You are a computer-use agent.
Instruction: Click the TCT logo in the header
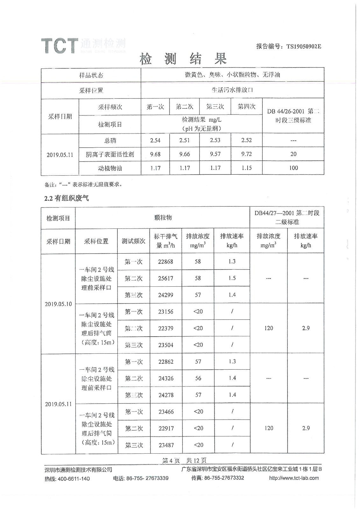coord(60,45)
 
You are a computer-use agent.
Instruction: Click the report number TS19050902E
coord(304,46)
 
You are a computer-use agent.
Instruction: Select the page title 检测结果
coord(183,59)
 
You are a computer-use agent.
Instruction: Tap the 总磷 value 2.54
coord(155,140)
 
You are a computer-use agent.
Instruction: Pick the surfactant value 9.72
coord(246,154)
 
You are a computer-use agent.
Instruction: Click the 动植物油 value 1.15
coord(246,168)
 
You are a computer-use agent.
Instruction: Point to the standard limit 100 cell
coord(293,168)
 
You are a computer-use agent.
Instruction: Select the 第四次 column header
coord(246,107)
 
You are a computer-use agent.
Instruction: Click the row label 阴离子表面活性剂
coord(110,154)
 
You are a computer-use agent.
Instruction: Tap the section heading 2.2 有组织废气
coord(67,198)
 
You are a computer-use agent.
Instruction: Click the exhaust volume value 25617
coord(166,278)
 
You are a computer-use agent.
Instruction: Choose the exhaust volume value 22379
coord(166,328)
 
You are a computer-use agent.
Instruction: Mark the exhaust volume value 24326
coord(166,378)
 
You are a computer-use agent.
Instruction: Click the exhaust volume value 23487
coord(166,445)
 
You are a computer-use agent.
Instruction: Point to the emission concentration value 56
coord(198,378)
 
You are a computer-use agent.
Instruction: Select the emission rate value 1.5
coord(232,278)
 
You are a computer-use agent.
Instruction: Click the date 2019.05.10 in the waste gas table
coord(58,304)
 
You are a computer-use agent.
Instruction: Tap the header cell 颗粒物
coord(163,218)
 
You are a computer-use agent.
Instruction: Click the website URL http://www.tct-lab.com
coord(294,478)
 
